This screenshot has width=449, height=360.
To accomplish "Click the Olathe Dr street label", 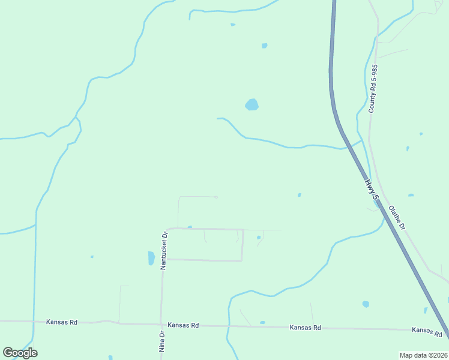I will [397, 219].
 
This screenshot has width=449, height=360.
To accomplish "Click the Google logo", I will [20, 353].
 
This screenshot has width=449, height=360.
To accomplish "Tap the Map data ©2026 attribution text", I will [423, 355].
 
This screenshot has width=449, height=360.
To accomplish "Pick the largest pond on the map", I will [252, 105].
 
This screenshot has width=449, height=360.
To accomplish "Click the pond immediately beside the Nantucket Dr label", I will [151, 259].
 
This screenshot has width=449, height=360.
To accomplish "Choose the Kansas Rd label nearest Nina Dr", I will [183, 325].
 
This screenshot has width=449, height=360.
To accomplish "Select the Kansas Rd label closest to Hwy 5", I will [427, 331].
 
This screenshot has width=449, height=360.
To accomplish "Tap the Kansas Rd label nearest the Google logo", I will [62, 322].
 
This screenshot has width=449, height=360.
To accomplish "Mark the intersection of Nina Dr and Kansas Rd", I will [160, 325].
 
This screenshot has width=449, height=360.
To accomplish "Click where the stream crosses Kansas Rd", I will [229, 326].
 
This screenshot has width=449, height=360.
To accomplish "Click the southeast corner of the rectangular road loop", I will [242, 260].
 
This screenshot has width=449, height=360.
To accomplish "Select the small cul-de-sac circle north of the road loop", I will [215, 197].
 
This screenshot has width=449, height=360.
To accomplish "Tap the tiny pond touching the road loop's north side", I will [190, 227].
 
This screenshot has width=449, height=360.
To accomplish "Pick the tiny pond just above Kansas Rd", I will [262, 322].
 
